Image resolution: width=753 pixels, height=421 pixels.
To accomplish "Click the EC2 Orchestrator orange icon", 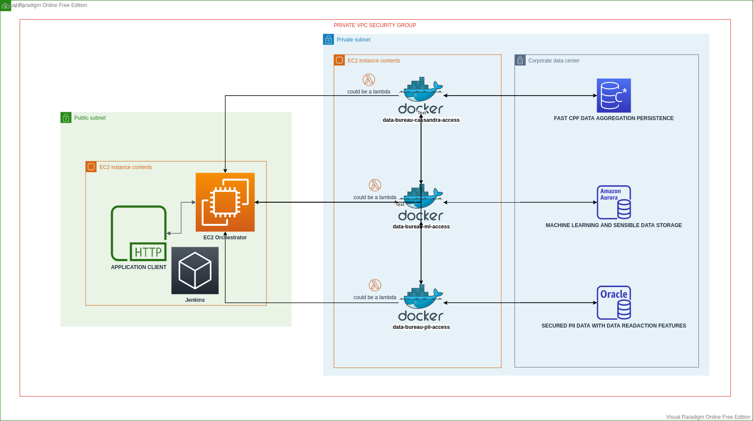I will coord(225,202).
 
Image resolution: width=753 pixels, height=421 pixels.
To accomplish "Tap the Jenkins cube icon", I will coord(195,271).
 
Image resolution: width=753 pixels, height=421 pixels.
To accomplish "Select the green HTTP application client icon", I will coord(139,233).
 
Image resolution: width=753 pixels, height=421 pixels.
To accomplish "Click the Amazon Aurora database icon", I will coord(614,202).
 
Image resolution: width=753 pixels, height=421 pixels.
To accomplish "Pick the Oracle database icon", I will coord(614,303).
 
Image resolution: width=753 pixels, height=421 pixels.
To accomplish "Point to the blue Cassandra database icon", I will coord(614,96).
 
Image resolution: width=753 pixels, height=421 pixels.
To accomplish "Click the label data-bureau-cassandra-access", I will coord(421,120).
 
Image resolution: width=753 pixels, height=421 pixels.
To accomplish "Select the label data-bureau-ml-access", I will coord(421,227).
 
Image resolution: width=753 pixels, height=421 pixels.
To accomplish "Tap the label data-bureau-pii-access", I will coord(421,327).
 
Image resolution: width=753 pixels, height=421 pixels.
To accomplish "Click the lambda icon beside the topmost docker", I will coord(369,80).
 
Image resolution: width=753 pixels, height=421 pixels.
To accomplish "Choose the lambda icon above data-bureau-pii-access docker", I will coord(375,285).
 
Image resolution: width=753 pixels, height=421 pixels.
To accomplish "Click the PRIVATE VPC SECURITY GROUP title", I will coord(375,25).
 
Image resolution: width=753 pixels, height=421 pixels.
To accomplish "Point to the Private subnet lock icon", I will coord(328,40).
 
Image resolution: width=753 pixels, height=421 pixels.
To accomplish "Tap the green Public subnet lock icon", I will coord(66,117).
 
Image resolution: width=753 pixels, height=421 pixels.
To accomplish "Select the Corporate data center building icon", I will coord(520,60).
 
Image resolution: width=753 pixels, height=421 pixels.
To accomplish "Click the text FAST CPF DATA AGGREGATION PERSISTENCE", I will coord(614,118).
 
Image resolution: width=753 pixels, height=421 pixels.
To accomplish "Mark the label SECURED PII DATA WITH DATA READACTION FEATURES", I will coord(614,326).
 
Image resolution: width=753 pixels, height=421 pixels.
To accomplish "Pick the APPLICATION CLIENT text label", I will coord(138,267).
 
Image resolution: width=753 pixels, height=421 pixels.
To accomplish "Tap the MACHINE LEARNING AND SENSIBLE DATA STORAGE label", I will coord(614,225).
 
